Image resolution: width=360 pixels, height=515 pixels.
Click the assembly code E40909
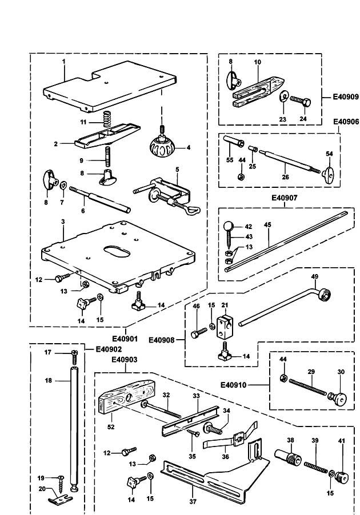pyautogui.click(x=346, y=97)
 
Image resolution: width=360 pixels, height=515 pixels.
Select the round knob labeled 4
pyautogui.click(x=162, y=147)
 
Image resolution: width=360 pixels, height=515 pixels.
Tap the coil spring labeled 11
pyautogui.click(x=107, y=119)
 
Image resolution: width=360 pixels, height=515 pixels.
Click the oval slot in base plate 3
pyautogui.click(x=117, y=251)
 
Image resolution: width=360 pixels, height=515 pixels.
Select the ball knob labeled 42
pyautogui.click(x=228, y=226)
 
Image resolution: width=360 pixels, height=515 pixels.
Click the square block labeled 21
pyautogui.click(x=225, y=327)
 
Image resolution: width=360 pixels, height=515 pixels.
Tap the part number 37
pyautogui.click(x=193, y=501)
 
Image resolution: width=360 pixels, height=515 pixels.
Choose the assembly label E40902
pyautogui.click(x=109, y=349)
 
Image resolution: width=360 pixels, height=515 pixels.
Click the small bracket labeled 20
pyautogui.click(x=61, y=499)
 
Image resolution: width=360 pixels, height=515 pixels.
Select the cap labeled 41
pyautogui.click(x=341, y=478)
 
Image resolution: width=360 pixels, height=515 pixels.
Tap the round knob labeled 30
pyautogui.click(x=338, y=399)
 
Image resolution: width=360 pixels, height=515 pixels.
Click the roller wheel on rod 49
pyautogui.click(x=324, y=293)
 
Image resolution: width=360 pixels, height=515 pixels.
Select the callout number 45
pyautogui.click(x=267, y=225)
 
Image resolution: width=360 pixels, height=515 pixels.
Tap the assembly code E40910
pyautogui.click(x=233, y=385)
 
